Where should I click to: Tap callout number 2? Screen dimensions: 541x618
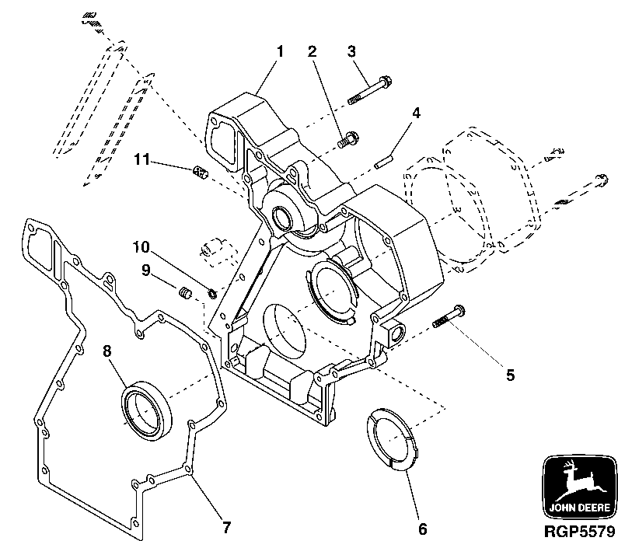312,52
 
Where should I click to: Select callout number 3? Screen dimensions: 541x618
351,52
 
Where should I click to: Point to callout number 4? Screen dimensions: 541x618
417,113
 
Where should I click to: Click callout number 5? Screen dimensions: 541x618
510,375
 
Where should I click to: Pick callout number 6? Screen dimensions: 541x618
422,529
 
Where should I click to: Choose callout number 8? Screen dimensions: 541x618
108,351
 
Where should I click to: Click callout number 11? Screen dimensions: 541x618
140,160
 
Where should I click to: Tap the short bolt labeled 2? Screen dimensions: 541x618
347,140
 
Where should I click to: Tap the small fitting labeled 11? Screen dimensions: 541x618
201,171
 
